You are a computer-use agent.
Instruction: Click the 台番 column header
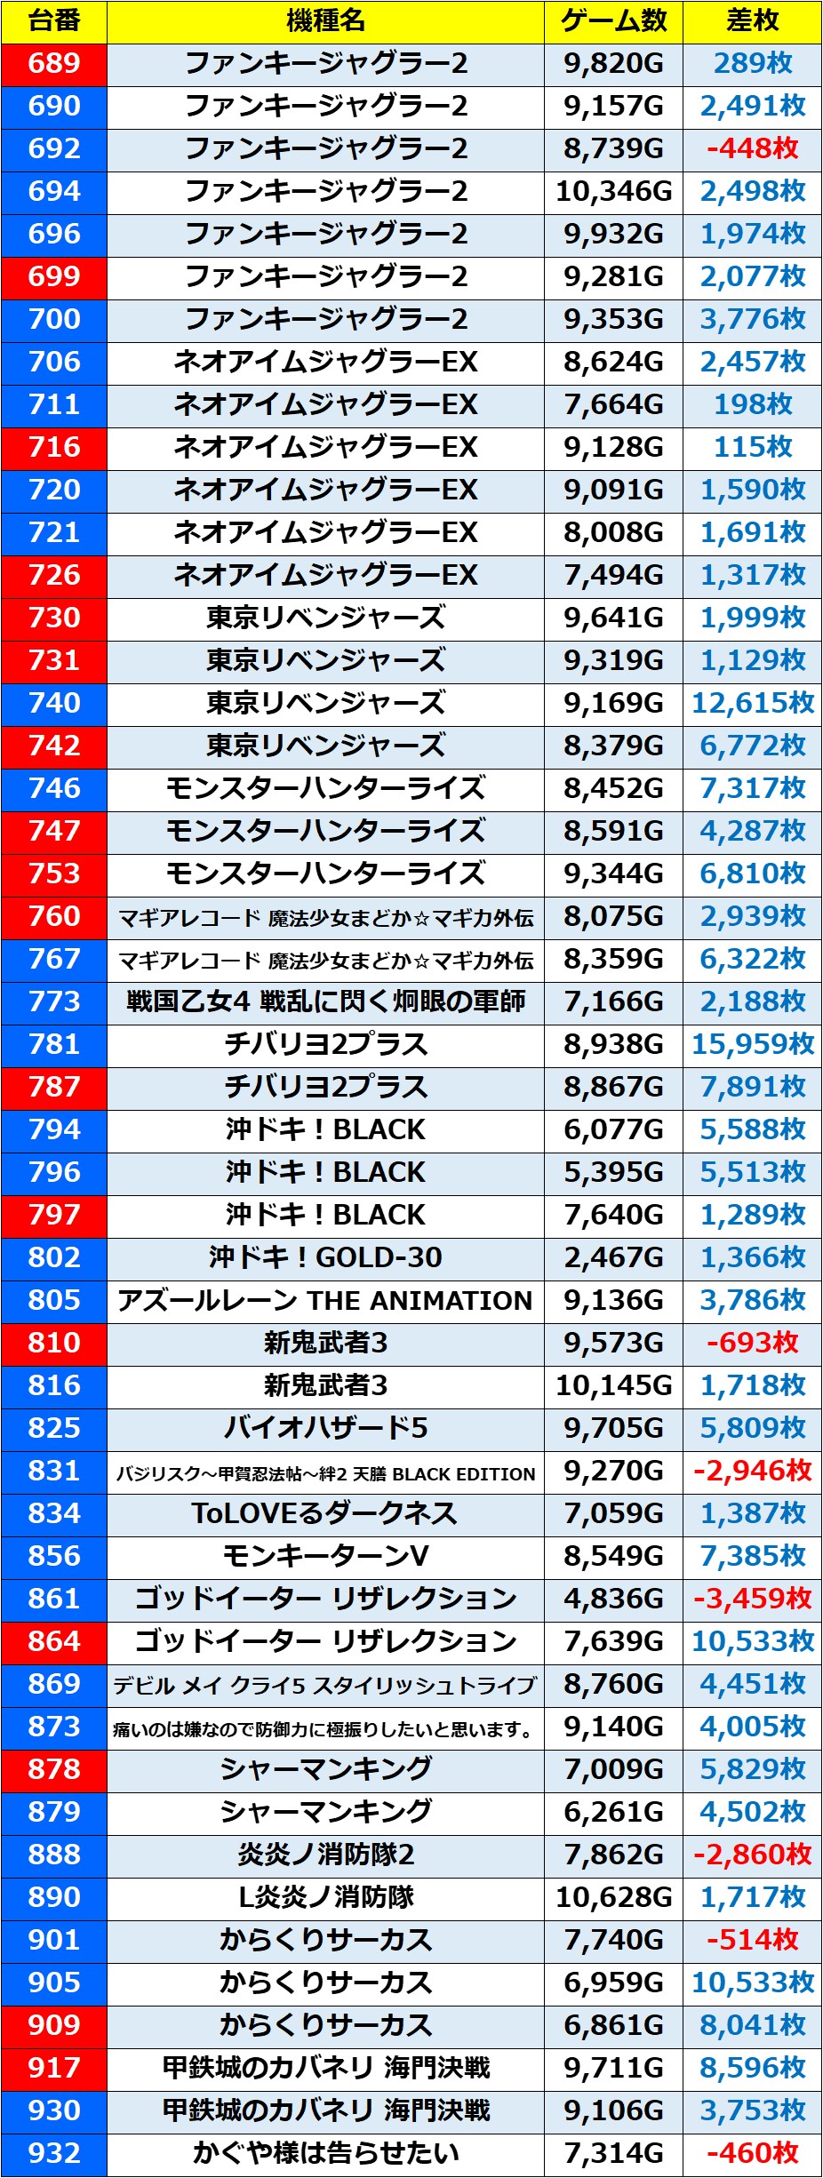(x=54, y=20)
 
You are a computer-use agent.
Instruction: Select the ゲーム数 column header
(x=613, y=20)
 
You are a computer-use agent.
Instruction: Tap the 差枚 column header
(x=753, y=20)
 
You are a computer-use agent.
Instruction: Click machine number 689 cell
(x=54, y=63)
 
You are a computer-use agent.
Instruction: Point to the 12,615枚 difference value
(x=753, y=703)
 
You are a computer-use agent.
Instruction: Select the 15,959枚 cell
(x=753, y=1044)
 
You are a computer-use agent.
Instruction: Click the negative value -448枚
(x=753, y=148)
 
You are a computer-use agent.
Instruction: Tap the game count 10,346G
(x=613, y=191)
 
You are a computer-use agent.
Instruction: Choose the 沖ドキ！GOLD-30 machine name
(x=325, y=1257)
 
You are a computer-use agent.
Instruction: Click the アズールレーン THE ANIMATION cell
(x=325, y=1300)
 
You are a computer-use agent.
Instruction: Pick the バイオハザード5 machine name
(x=325, y=1428)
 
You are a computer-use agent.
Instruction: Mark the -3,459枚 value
(x=753, y=1599)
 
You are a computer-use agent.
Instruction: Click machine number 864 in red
(x=54, y=1641)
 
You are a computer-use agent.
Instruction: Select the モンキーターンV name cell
(x=325, y=1556)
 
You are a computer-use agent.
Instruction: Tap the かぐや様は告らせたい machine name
(x=325, y=2153)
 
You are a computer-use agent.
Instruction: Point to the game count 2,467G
(x=613, y=1257)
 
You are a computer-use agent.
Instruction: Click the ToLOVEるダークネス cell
(x=325, y=1513)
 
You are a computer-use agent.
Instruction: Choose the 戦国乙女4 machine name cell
(x=325, y=1001)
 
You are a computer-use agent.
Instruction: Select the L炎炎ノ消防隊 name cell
(x=325, y=1897)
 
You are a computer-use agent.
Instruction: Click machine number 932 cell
(x=54, y=2153)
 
